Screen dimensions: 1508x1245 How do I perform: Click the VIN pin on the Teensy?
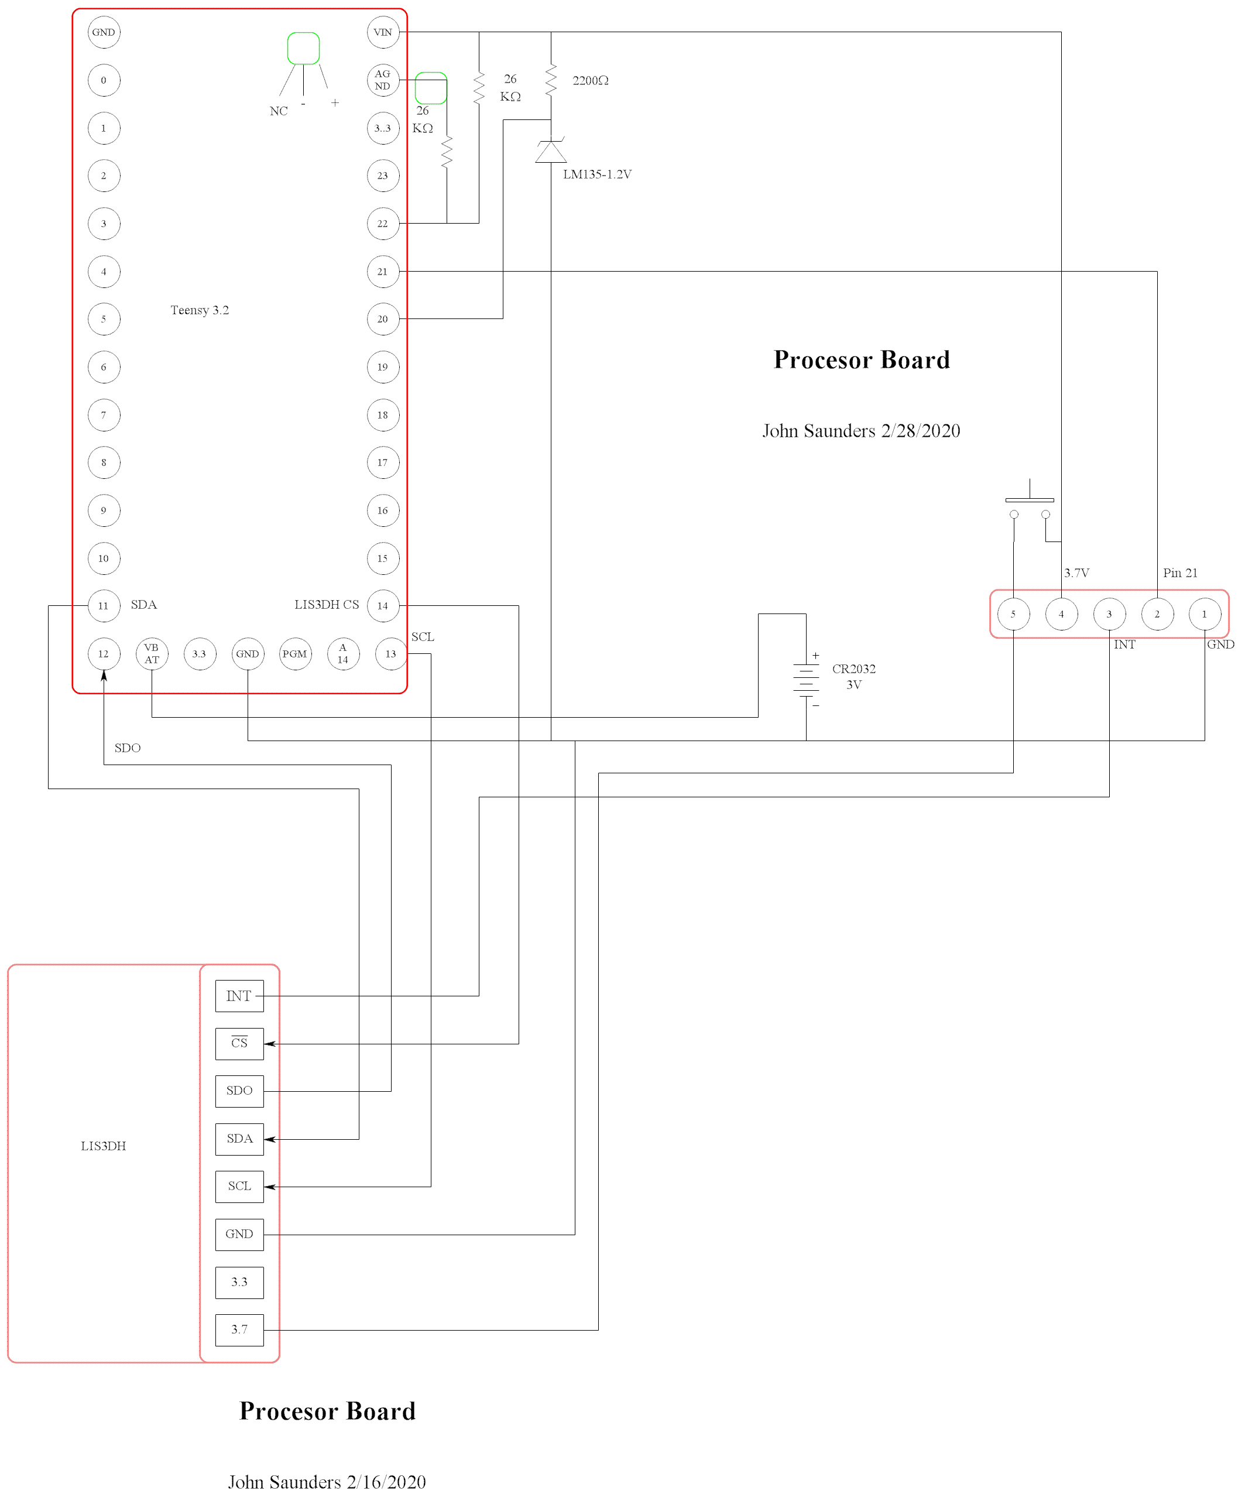tap(383, 32)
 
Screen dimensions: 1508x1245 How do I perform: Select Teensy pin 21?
tap(383, 272)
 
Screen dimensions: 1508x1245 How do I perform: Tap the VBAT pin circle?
tap(152, 654)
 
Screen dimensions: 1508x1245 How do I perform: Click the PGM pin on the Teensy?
tap(295, 654)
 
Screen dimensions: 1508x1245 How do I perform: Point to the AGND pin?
tap(383, 80)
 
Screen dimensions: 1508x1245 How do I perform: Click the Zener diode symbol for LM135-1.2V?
tap(551, 150)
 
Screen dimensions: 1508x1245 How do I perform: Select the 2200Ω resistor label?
tap(590, 81)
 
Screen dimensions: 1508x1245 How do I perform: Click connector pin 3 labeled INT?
tap(1109, 615)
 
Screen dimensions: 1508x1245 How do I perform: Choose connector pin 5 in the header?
tap(1013, 615)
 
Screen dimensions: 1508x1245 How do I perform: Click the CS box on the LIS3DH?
tap(239, 1043)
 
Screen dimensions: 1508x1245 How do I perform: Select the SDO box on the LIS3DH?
tap(239, 1091)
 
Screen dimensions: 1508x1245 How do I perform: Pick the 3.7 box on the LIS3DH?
tap(239, 1329)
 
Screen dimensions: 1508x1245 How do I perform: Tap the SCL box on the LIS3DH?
tap(239, 1186)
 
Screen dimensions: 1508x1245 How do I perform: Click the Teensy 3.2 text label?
tap(200, 310)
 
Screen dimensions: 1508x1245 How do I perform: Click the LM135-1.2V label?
tap(596, 174)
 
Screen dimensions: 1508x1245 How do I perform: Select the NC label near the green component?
tap(278, 111)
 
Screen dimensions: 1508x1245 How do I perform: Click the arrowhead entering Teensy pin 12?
tap(104, 676)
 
